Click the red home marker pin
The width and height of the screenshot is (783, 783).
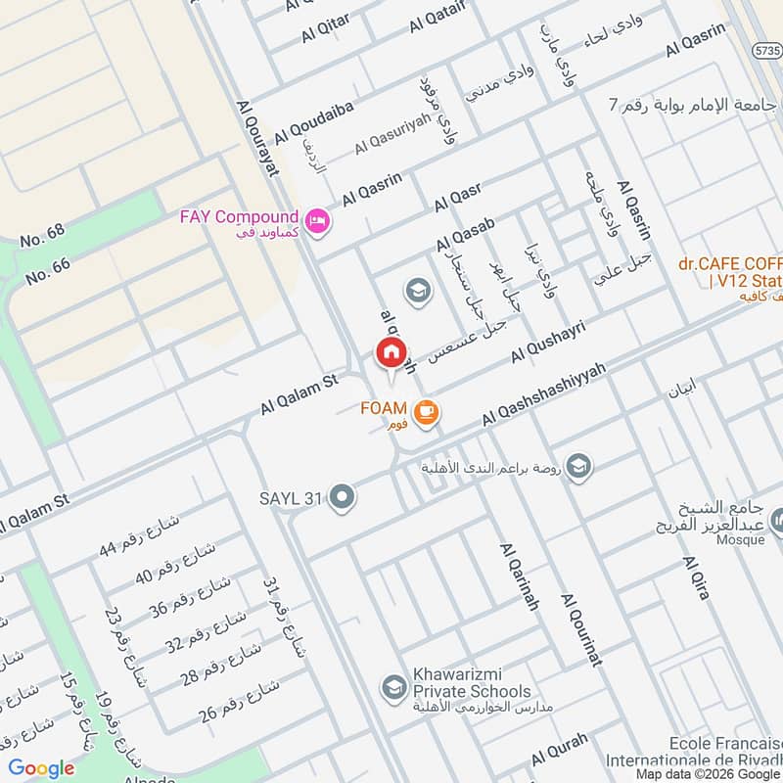[x=391, y=352]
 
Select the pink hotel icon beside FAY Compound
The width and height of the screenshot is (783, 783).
[x=318, y=222]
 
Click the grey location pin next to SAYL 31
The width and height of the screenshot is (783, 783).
[x=342, y=498]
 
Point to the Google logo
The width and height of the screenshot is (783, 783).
[x=42, y=768]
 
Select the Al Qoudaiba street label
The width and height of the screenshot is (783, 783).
[x=313, y=119]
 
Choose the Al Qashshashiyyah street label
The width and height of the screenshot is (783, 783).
[x=544, y=393]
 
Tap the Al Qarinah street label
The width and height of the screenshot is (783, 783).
[x=519, y=576]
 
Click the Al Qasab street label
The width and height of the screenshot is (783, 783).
[x=466, y=230]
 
